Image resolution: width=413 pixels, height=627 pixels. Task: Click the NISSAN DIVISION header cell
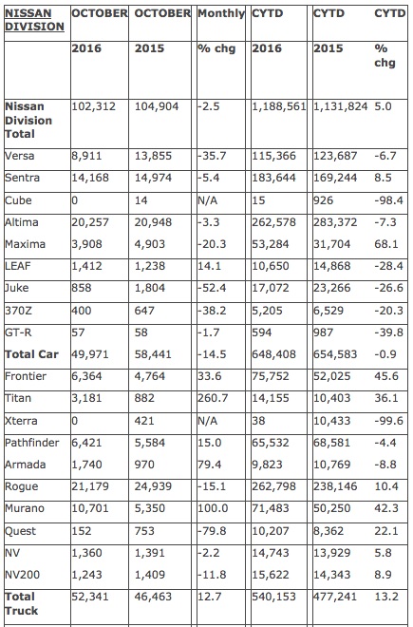tap(34, 20)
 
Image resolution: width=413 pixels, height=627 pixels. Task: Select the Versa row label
tap(20, 156)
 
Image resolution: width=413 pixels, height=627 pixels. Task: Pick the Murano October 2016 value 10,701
tap(90, 508)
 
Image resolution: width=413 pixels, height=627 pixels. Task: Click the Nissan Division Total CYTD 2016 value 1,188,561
tap(279, 106)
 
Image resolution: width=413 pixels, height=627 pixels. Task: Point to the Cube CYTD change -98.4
tap(388, 199)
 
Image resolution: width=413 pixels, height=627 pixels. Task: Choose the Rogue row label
tap(22, 486)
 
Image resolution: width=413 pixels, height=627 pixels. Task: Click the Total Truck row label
tap(22, 603)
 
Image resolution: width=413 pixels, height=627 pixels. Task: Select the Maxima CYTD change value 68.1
tap(386, 244)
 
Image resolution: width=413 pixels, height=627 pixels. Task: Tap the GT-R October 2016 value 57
tap(78, 332)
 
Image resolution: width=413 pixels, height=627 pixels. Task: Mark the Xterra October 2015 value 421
tap(144, 421)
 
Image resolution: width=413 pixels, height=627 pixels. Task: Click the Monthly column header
tap(221, 13)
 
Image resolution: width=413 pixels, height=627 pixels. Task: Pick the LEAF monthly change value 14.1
tap(209, 266)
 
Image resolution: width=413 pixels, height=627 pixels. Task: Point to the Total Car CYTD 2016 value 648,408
tap(273, 354)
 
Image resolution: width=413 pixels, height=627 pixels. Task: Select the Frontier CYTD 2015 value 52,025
tap(332, 376)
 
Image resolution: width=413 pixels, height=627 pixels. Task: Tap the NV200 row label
tap(23, 575)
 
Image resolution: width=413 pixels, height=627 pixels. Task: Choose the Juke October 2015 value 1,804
tap(149, 288)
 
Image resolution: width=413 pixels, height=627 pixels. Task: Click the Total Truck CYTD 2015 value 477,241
tap(335, 597)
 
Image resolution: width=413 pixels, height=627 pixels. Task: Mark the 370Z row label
tap(18, 311)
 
